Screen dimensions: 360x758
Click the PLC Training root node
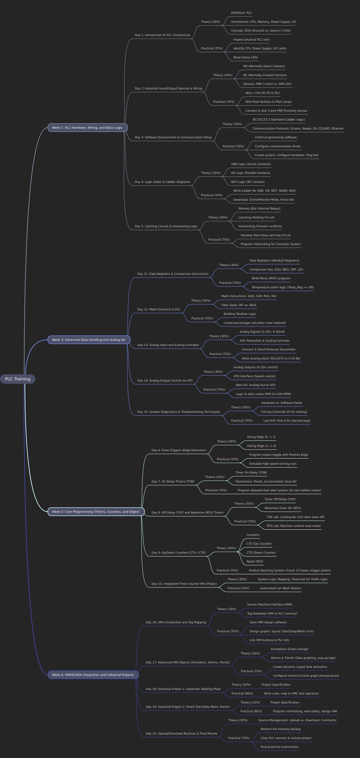pos(18,379)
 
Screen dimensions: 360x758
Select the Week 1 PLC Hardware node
pos(88,128)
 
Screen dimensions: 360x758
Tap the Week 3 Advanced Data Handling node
pos(89,340)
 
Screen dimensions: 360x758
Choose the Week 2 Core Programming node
pos(96,512)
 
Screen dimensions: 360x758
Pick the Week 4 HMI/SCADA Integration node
pos(93,675)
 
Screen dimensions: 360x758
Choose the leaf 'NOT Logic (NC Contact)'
pos(248,182)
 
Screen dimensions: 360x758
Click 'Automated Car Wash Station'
pos(280,588)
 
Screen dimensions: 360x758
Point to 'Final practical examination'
pos(279,747)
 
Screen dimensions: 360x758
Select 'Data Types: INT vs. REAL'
pos(239,305)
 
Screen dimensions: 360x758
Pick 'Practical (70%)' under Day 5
pos(219,240)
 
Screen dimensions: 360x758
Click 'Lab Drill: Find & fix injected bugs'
pos(287,420)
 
